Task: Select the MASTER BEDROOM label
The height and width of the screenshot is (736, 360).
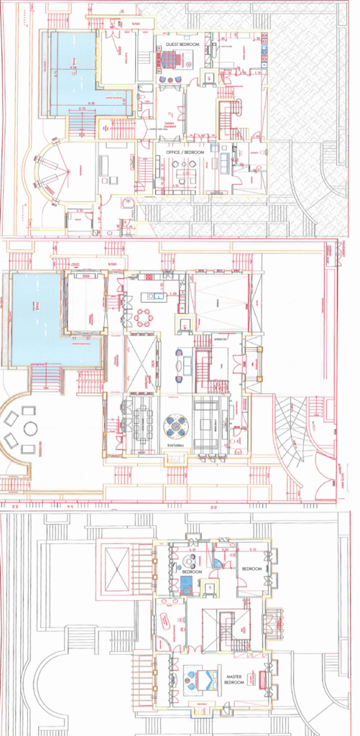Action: (x=234, y=679)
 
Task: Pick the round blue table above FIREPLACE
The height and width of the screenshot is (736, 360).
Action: (x=175, y=425)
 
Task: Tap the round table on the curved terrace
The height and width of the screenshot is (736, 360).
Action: (x=30, y=429)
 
